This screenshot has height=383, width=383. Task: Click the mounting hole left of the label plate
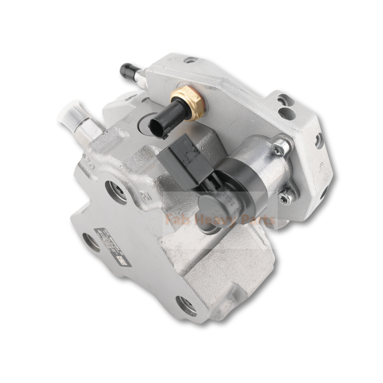(x=90, y=242)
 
